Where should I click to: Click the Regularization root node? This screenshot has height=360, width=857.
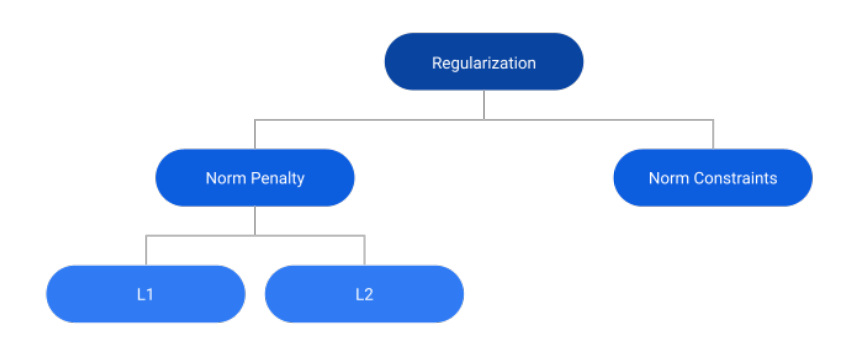484,62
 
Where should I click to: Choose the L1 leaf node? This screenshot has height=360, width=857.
146,294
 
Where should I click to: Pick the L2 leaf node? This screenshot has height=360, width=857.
364,294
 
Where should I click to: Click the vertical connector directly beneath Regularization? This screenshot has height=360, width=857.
484,105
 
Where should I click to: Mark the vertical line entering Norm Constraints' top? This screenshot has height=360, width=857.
713,135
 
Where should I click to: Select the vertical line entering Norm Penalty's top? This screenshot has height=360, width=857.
255,135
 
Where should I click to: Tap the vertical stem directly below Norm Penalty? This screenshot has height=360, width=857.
255,221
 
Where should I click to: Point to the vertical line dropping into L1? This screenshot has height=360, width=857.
146,251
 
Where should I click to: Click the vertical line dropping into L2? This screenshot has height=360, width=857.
364,251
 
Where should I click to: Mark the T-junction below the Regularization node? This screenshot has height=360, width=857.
484,120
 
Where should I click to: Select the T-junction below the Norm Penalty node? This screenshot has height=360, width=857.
255,236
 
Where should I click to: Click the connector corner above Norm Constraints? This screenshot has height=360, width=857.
713,120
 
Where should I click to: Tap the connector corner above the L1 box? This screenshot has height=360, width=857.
146,236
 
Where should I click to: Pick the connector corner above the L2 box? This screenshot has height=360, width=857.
364,236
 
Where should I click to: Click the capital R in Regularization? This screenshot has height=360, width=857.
436,63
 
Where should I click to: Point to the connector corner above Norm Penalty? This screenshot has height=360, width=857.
255,120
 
